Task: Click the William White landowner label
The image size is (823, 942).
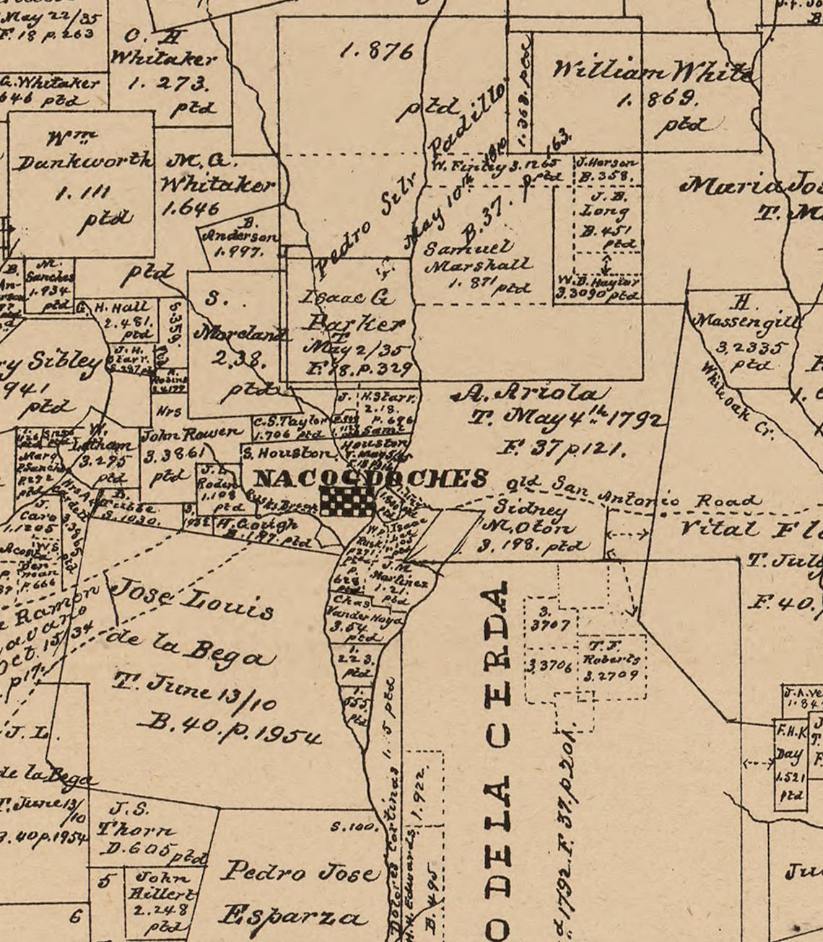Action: click(x=654, y=72)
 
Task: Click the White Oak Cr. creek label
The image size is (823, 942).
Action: click(x=736, y=400)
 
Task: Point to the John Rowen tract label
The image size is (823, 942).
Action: click(x=192, y=435)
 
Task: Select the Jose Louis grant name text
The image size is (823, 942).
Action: click(x=195, y=601)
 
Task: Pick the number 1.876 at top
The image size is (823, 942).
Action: click(x=378, y=51)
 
